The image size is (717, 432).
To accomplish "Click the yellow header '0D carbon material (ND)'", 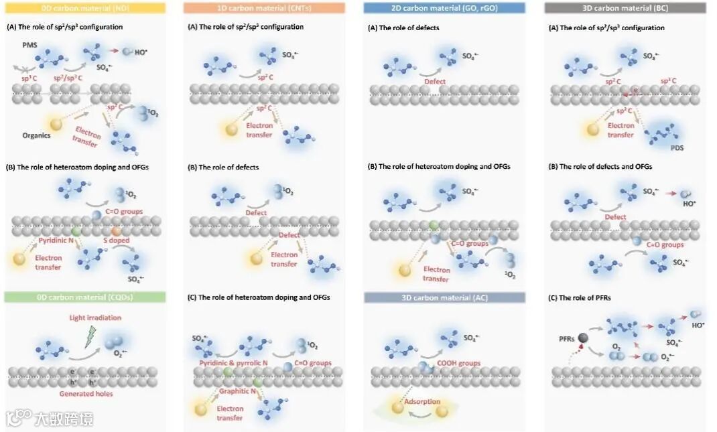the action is coord(88,8).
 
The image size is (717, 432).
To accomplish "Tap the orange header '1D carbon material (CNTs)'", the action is coord(264,8).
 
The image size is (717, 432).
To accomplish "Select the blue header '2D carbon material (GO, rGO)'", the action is coord(445,8).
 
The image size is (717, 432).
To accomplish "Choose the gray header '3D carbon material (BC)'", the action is coord(625,8).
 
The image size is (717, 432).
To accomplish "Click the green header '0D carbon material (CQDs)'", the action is coord(88,297).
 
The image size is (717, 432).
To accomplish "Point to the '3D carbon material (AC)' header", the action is coord(445,297).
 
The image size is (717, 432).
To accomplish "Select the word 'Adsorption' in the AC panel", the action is coord(422,402).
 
